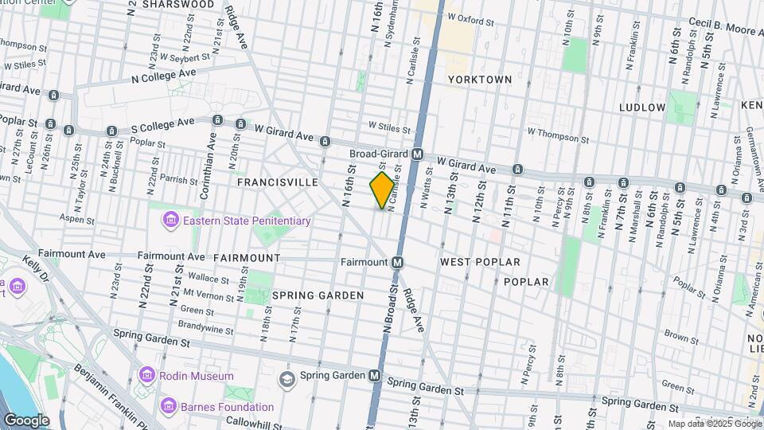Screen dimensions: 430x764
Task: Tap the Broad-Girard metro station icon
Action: coord(417,154)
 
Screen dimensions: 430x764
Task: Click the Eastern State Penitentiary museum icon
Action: coord(170,220)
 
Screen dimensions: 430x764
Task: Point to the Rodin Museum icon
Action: coord(146,375)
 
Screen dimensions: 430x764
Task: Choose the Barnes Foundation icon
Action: coord(168,406)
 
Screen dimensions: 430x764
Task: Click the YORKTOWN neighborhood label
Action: coord(479,80)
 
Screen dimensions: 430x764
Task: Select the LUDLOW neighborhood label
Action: coord(642,107)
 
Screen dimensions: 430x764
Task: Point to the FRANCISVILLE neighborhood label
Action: coord(278,182)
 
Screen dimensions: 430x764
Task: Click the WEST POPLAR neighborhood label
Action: coord(480,262)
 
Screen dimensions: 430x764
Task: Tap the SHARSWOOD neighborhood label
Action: coord(178,5)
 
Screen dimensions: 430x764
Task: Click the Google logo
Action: coord(26,420)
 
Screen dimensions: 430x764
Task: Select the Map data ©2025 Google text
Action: coord(714,424)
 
